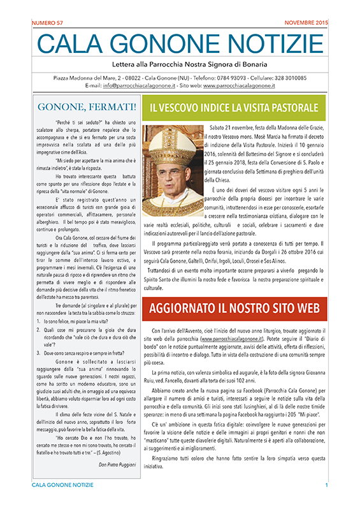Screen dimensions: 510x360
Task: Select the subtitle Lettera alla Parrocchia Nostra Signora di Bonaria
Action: pos(180,64)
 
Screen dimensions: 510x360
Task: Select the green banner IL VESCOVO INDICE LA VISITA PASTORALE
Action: pos(233,106)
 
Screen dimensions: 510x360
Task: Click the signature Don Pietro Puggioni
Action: pos(108,463)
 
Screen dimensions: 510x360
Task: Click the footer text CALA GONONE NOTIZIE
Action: pos(62,504)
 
